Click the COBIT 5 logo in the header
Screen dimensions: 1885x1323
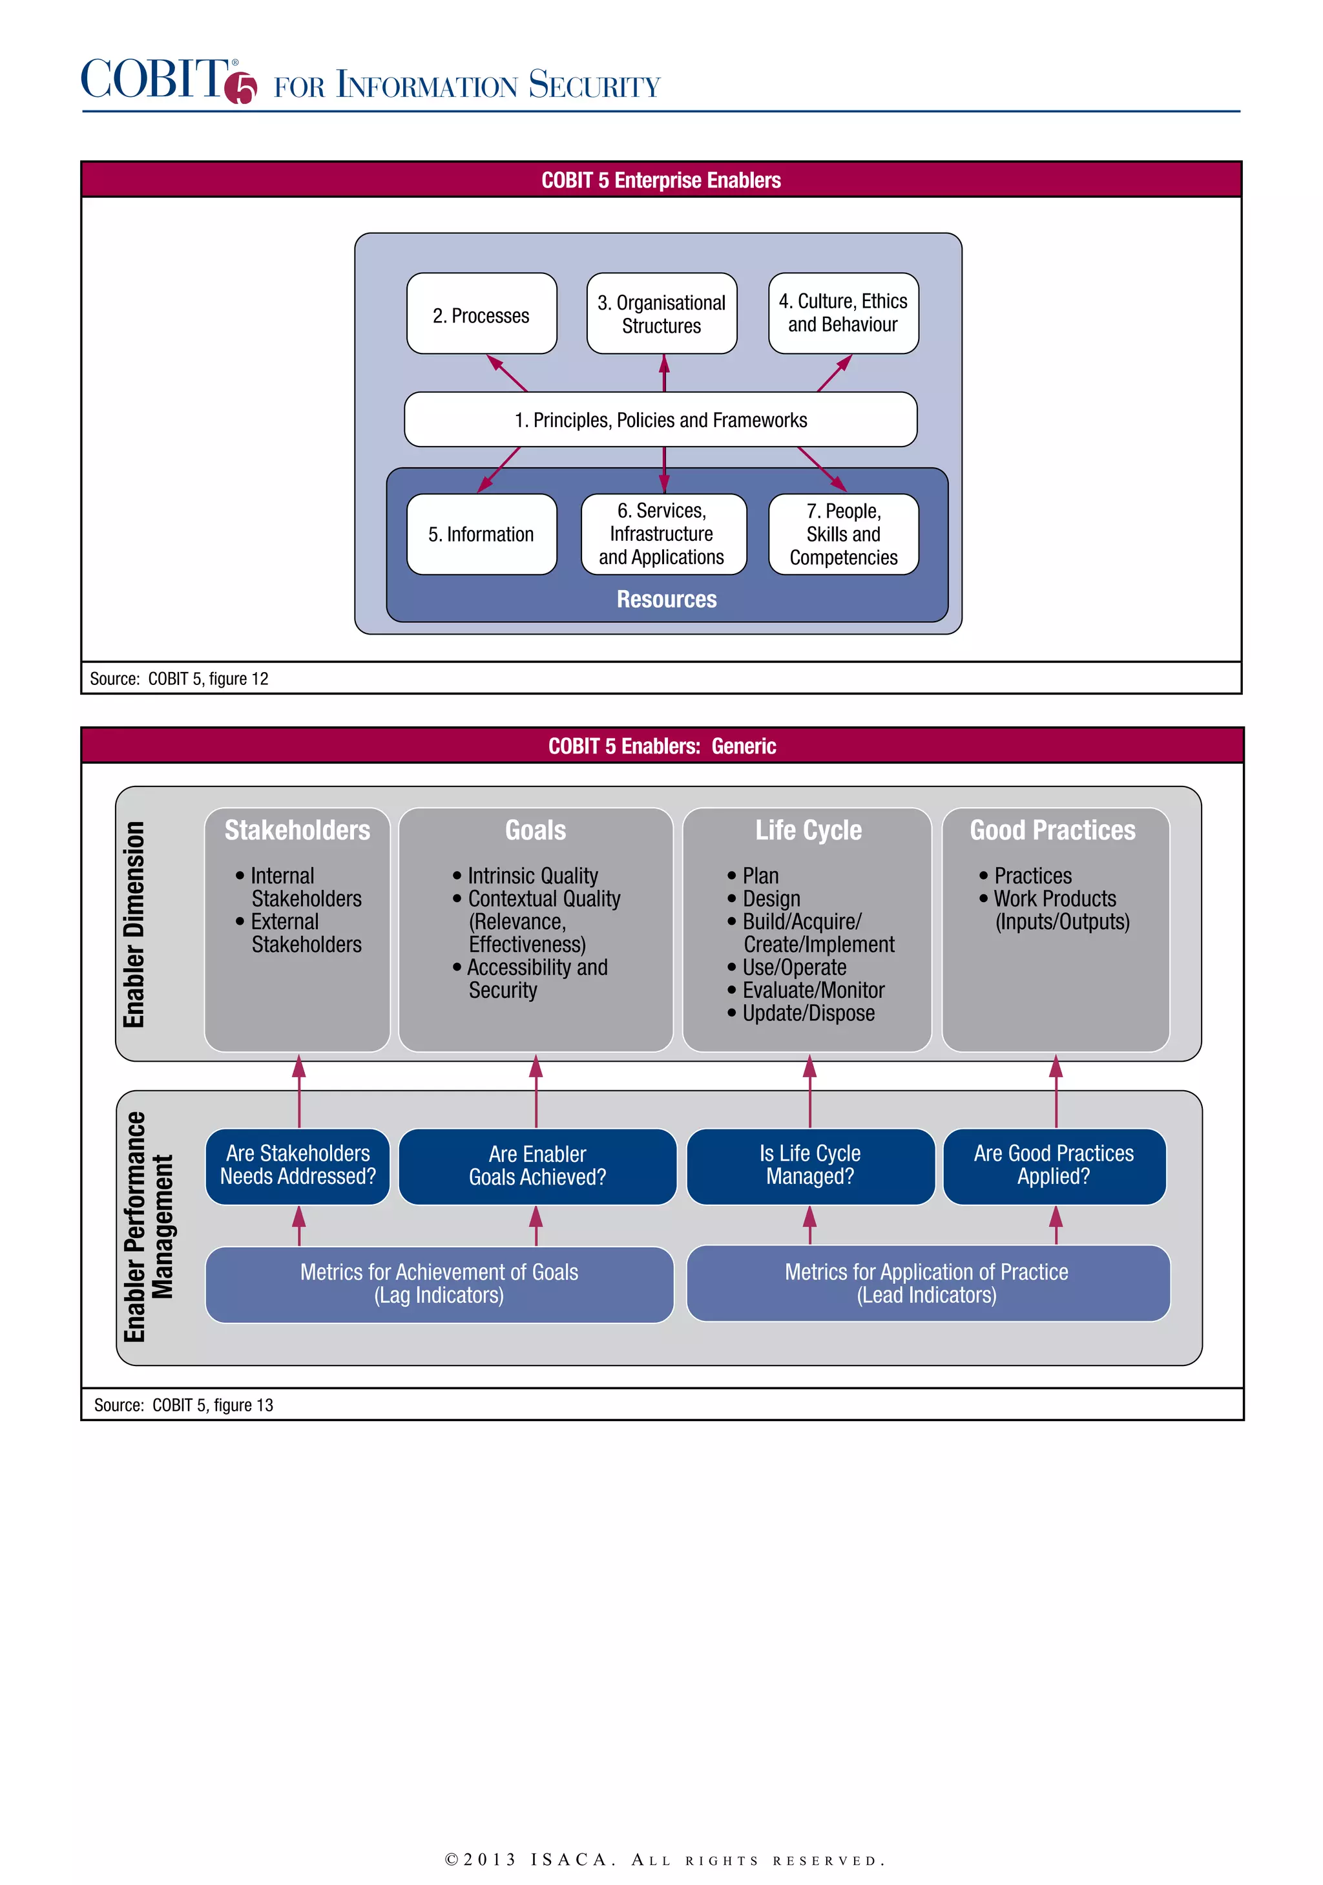[168, 81]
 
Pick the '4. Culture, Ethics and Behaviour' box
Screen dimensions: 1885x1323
[843, 313]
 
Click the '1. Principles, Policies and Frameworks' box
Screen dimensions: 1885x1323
[661, 419]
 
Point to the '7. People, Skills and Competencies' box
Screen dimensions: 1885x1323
[843, 534]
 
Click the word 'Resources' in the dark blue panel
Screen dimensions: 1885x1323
[667, 599]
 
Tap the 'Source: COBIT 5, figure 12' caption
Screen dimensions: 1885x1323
[179, 679]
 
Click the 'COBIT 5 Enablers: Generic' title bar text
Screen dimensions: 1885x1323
[661, 746]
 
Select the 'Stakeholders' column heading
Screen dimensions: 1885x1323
[297, 830]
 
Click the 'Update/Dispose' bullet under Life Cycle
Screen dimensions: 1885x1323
[807, 1013]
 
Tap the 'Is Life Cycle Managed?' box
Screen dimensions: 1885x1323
[810, 1166]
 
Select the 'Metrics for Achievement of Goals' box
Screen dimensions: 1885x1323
[439, 1284]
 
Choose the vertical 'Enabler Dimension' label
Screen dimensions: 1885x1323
[134, 925]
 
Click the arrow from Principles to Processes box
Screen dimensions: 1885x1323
[507, 373]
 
